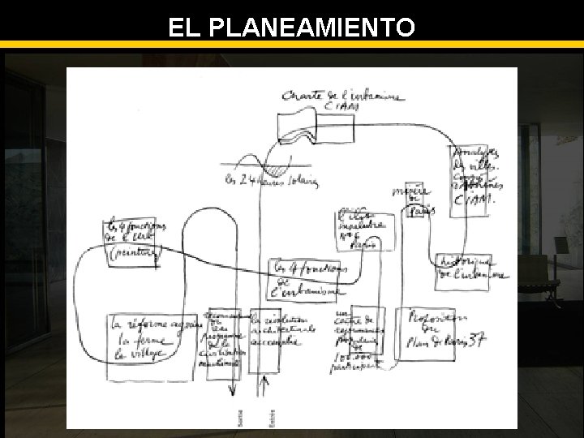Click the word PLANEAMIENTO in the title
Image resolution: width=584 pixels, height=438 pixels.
click(x=312, y=28)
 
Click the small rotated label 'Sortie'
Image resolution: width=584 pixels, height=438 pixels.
click(x=237, y=419)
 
